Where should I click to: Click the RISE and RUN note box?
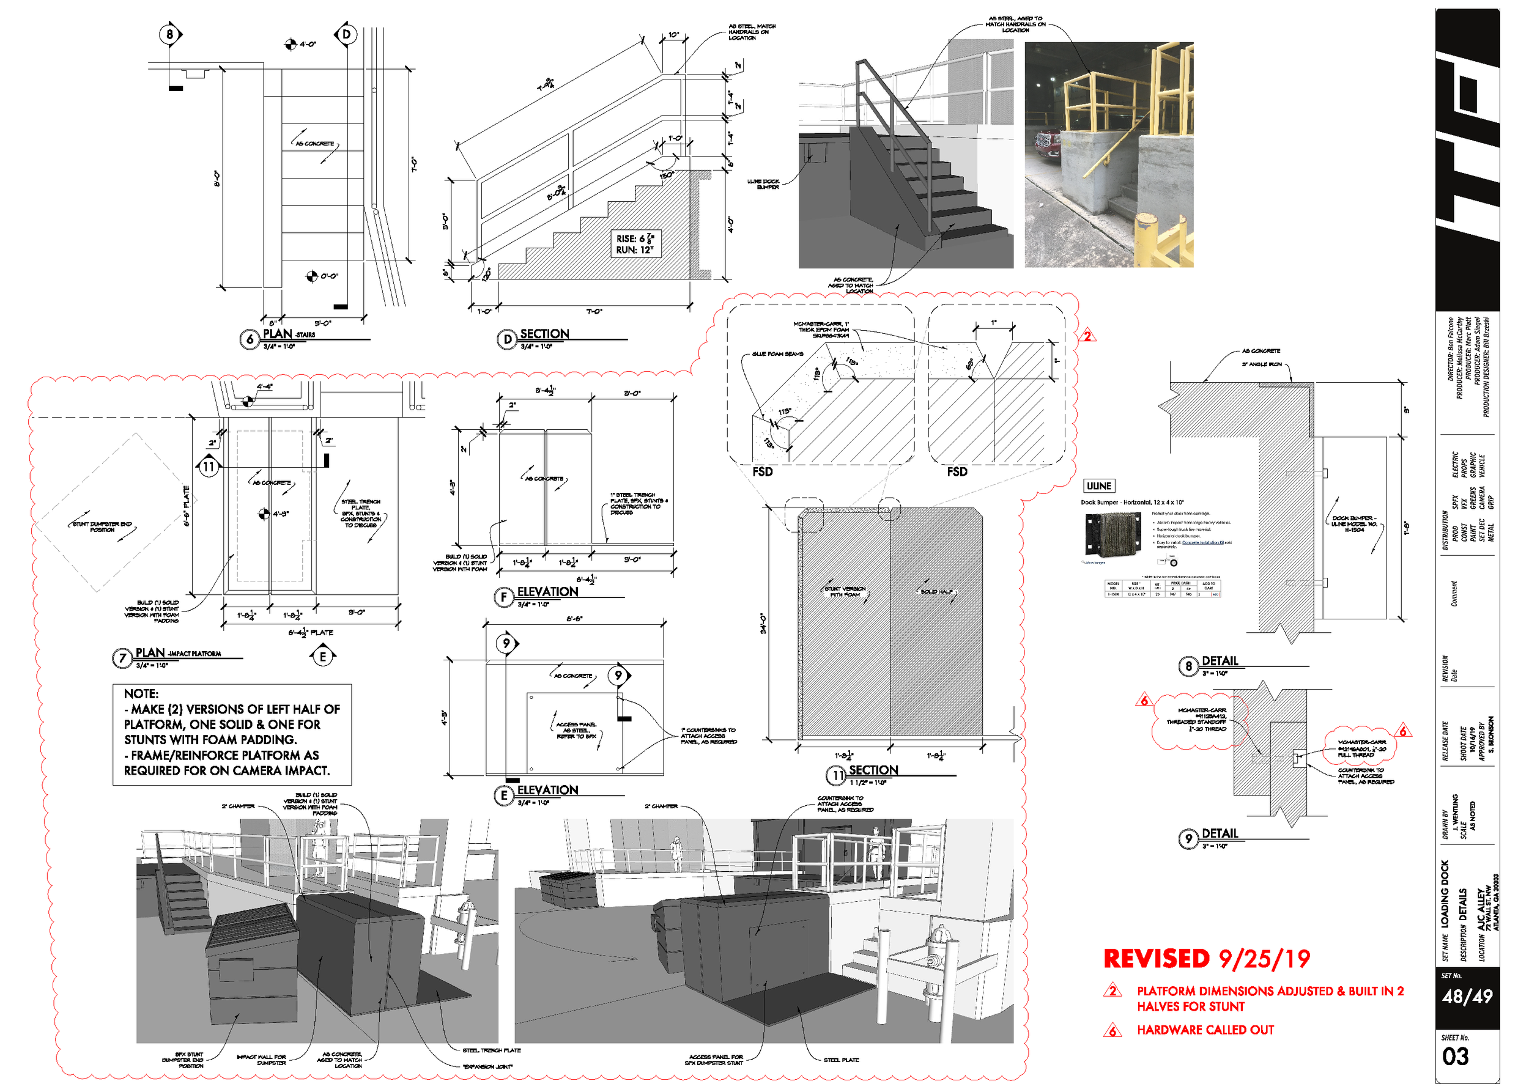[x=634, y=244]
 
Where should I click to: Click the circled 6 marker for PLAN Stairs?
[x=250, y=339]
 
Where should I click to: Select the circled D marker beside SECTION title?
[x=506, y=339]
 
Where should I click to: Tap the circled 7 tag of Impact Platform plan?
[x=122, y=658]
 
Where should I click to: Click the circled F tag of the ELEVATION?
[x=504, y=597]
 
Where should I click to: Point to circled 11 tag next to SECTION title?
[x=836, y=775]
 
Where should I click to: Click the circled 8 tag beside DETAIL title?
[x=1188, y=666]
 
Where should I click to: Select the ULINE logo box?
[x=1098, y=485]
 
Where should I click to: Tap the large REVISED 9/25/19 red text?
[x=1206, y=959]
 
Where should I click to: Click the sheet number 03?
[x=1455, y=1057]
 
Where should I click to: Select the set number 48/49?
[x=1467, y=997]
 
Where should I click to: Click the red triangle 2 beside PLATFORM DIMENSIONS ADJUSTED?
[x=1113, y=991]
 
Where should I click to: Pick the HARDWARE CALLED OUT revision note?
[x=1205, y=1030]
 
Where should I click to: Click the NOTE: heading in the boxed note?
[x=141, y=693]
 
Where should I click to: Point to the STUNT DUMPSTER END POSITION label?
[x=102, y=526]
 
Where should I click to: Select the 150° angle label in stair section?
[x=666, y=175]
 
